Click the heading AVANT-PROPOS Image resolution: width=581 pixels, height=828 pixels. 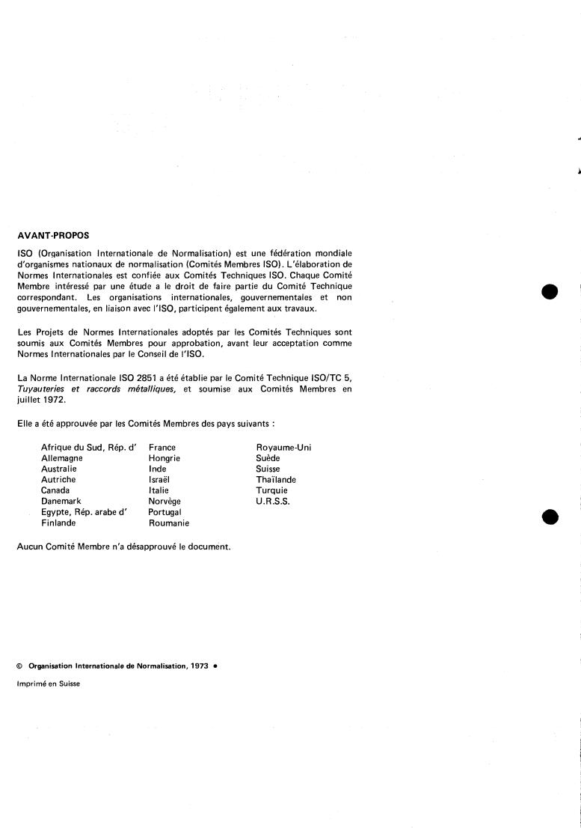click(52, 234)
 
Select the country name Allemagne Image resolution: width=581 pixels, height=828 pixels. click(62, 458)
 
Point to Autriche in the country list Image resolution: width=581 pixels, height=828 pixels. click(58, 480)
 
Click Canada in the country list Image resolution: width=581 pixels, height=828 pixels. click(55, 490)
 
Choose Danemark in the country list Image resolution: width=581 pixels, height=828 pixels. click(61, 501)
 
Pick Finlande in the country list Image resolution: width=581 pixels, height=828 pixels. click(58, 523)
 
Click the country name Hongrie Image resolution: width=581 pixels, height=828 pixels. click(165, 458)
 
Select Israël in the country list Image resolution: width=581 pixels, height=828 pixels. click(160, 480)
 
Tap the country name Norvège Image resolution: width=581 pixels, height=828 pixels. click(165, 501)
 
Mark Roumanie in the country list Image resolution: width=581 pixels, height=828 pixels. click(168, 523)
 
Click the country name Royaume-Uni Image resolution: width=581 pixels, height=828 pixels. click(283, 448)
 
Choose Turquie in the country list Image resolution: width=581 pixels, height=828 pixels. click(271, 490)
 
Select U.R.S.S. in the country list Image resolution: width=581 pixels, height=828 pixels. click(272, 501)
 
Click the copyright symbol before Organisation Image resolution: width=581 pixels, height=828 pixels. click(19, 666)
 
